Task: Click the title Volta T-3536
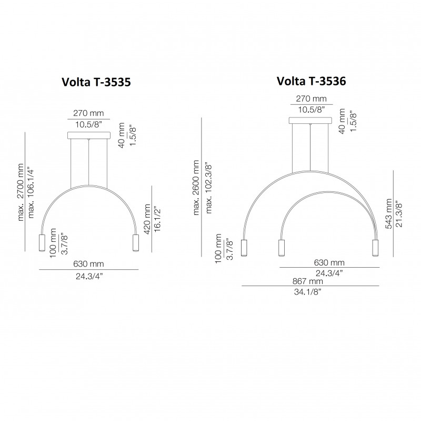coord(310,81)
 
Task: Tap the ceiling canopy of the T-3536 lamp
coord(310,121)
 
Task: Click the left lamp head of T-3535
coord(41,243)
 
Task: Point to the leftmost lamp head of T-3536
coord(244,247)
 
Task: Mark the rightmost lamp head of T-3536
coord(376,247)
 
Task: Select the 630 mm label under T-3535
coord(89,263)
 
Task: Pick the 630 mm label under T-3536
coord(329,262)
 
